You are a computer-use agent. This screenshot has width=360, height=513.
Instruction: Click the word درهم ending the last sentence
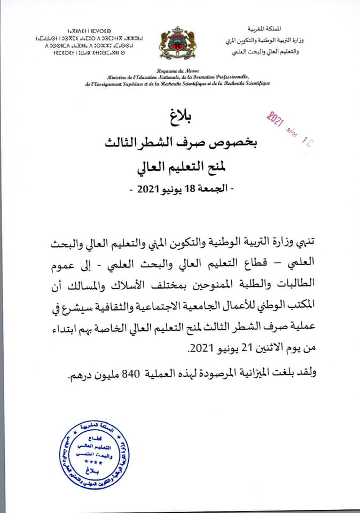coord(80,375)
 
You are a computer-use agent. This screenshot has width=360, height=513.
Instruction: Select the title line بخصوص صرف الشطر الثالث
coord(180,142)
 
